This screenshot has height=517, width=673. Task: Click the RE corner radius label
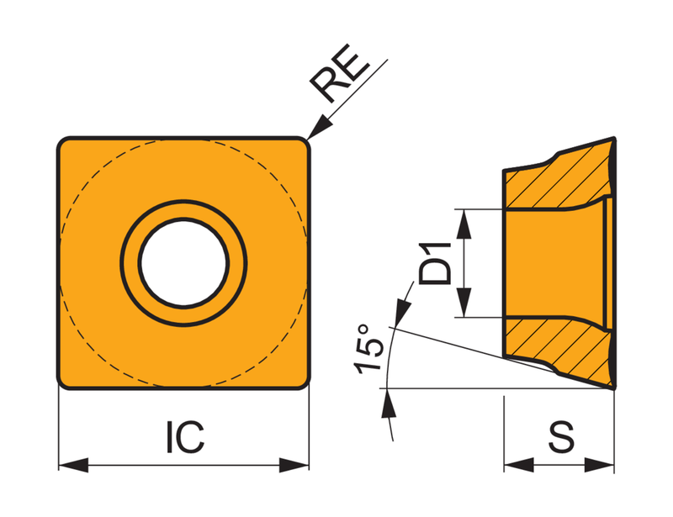[x=340, y=73]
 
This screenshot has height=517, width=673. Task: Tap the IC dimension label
[x=185, y=437]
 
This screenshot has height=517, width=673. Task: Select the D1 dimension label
[x=435, y=263]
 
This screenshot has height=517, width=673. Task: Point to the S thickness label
[x=561, y=436]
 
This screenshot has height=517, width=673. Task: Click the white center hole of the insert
[x=183, y=263]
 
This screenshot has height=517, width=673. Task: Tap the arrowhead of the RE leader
[x=320, y=128]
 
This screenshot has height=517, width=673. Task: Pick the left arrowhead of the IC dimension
[x=73, y=465]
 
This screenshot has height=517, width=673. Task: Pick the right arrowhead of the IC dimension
[x=294, y=465]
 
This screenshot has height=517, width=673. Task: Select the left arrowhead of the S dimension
[x=519, y=465]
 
